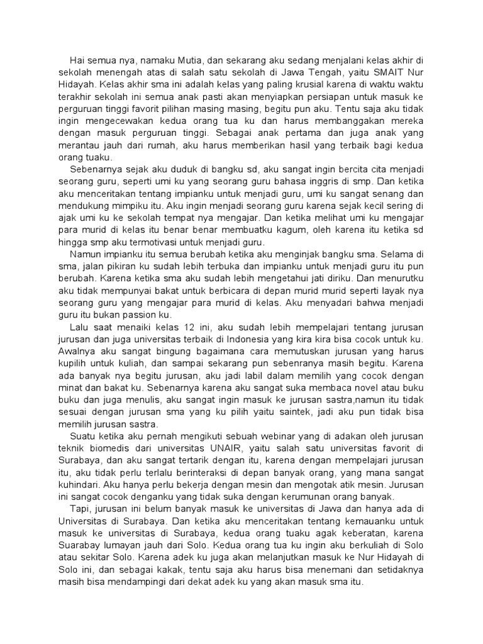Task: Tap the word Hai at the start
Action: point(78,60)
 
